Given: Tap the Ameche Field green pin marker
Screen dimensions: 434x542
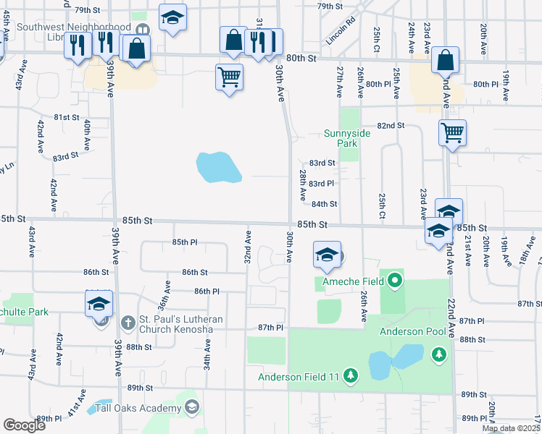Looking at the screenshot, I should pyautogui.click(x=395, y=279).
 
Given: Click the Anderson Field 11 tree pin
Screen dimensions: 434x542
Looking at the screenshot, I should pyautogui.click(x=351, y=375).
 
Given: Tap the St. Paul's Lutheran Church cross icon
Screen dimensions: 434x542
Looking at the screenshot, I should pyautogui.click(x=128, y=321).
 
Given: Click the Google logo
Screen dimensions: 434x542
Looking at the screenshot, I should pyautogui.click(x=24, y=425).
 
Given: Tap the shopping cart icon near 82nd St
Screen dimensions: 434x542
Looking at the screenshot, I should pyautogui.click(x=452, y=132).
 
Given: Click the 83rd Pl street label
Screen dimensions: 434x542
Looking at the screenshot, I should pyautogui.click(x=321, y=184).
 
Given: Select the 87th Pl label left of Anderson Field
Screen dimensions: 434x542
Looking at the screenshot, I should pyautogui.click(x=270, y=328).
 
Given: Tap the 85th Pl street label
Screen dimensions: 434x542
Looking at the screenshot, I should pyautogui.click(x=185, y=242).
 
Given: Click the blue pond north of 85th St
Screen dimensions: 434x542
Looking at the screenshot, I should pyautogui.click(x=219, y=167).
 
